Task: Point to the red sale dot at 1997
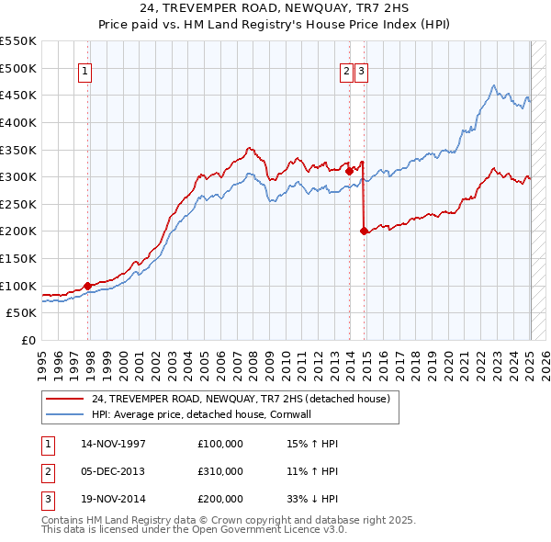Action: pyautogui.click(x=88, y=286)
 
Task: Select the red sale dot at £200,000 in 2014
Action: pyautogui.click(x=365, y=231)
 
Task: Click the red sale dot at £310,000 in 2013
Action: pyautogui.click(x=349, y=171)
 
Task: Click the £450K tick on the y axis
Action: pyautogui.click(x=18, y=95)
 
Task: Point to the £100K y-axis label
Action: pyautogui.click(x=18, y=286)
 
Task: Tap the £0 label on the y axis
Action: pyautogui.click(x=28, y=340)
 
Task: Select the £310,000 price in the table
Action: pyautogui.click(x=219, y=471)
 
